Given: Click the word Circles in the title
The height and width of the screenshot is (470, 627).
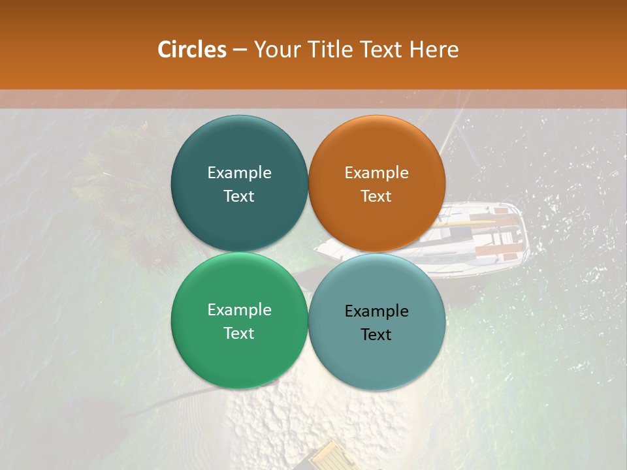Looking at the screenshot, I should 191,50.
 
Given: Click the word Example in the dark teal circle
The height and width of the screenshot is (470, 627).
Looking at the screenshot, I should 239,172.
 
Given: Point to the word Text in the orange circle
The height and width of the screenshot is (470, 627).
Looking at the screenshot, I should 376,196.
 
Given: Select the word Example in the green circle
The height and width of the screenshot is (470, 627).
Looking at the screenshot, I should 239,309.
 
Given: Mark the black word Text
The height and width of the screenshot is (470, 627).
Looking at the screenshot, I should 376,335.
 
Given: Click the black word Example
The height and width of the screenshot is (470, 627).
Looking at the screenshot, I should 376,311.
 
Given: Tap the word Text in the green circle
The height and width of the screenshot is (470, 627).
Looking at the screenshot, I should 239,334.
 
